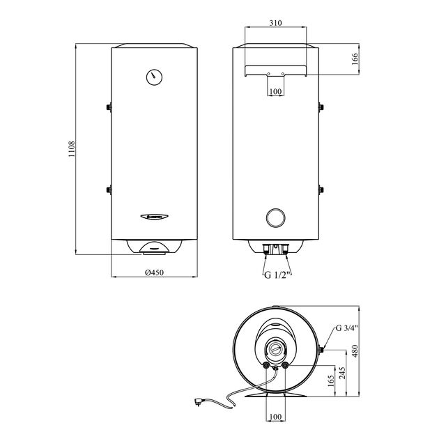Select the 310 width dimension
[276, 23]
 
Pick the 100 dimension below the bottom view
[276, 417]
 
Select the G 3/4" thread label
[346, 328]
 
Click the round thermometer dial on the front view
[154, 76]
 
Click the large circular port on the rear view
[276, 217]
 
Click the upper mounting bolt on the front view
[109, 107]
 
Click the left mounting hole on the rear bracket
[269, 73]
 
